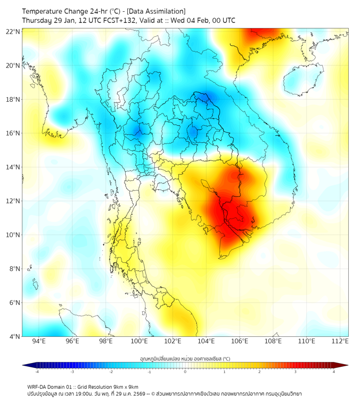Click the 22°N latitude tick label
tap(13, 32)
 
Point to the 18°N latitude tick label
tap(13, 100)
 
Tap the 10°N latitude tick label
tap(13, 235)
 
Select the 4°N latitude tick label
tap(14, 336)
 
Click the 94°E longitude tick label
tap(39, 341)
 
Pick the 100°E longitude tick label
tap(139, 341)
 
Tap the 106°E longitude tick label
tap(240, 341)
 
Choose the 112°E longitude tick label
tap(340, 341)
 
